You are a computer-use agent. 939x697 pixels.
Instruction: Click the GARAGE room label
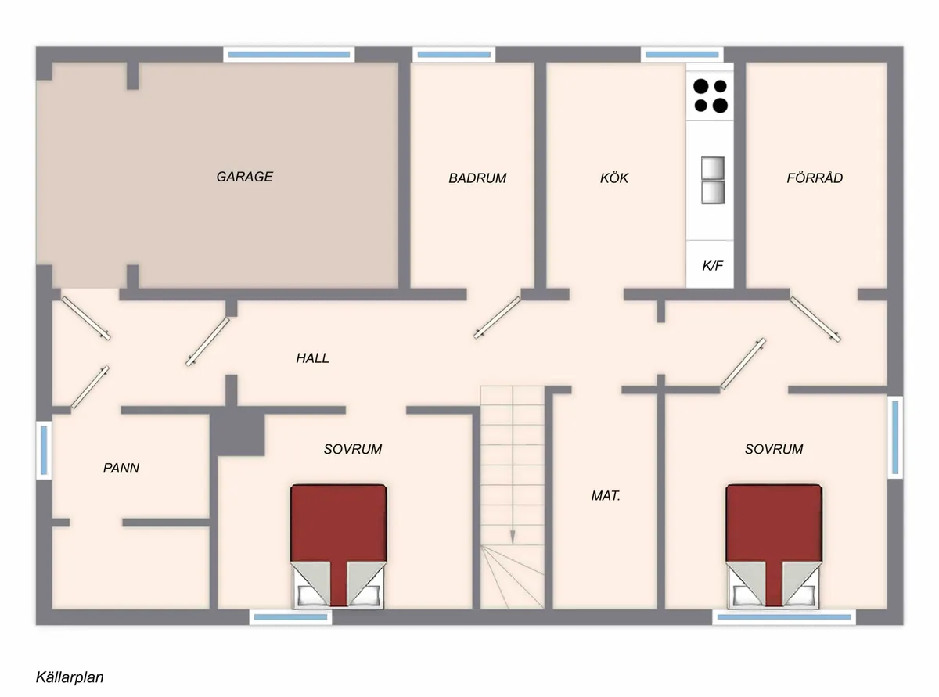point(245,177)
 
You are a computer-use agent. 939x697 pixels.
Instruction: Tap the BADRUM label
point(477,178)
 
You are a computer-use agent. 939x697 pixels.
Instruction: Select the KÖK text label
point(614,178)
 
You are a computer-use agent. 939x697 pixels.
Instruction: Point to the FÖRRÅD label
point(815,178)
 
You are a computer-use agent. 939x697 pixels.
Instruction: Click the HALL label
point(312,358)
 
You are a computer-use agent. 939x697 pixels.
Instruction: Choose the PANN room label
point(121,469)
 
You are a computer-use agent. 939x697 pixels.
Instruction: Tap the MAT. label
point(606,496)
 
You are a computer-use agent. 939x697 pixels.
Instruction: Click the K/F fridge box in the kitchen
point(712,266)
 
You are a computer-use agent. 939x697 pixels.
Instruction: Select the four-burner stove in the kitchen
point(711,95)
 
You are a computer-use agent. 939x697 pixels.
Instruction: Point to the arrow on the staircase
point(513,535)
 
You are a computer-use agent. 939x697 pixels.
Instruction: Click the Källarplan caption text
point(70,677)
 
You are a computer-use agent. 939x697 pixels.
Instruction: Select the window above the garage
point(289,54)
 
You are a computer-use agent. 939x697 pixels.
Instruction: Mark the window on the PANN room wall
point(44,450)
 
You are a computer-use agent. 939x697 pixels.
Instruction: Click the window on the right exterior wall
point(894,437)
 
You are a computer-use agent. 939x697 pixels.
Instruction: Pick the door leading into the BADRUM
point(498,318)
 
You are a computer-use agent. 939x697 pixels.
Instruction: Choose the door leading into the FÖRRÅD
point(816,319)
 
